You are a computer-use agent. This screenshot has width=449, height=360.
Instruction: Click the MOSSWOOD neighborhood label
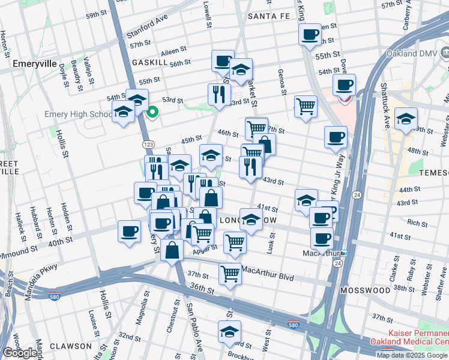click(365, 290)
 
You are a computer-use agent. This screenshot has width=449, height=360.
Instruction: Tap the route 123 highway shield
click(148, 145)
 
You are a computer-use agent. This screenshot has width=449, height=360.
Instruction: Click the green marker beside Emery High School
click(153, 111)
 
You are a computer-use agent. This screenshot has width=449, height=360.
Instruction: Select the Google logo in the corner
click(20, 353)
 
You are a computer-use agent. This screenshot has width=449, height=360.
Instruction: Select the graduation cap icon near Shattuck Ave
click(406, 118)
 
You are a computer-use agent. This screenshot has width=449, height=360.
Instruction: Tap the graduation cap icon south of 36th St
click(229, 331)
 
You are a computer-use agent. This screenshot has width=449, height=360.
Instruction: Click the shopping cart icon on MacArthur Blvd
click(230, 274)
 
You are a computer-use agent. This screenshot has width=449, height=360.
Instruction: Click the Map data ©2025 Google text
click(412, 355)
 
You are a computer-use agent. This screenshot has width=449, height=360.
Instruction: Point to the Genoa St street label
click(281, 82)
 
